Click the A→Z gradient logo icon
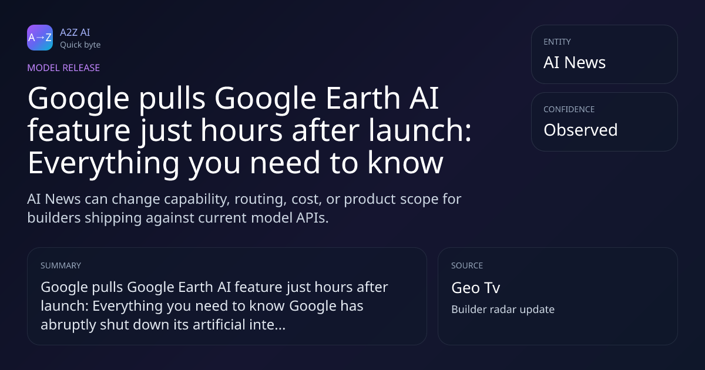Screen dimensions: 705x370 (x=40, y=38)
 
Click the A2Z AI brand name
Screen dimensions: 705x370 (x=75, y=32)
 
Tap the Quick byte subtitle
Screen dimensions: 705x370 (x=80, y=45)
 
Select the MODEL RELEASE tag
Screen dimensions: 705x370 (x=63, y=68)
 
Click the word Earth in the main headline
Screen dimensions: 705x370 (x=362, y=98)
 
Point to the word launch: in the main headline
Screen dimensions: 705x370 (x=420, y=130)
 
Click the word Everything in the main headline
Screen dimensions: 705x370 (x=103, y=163)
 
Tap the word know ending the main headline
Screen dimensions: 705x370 (x=405, y=162)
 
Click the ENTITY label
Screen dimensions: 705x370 (x=557, y=42)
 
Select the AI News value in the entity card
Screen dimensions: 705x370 (x=575, y=62)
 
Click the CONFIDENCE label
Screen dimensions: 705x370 (x=569, y=109)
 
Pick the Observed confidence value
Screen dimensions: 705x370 (x=580, y=130)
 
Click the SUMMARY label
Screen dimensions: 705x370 (x=61, y=265)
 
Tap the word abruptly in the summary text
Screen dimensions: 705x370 (x=68, y=325)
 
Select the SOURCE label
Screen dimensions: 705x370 (x=467, y=265)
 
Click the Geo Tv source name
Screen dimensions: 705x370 (x=475, y=288)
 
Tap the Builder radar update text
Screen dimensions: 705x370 (x=503, y=310)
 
